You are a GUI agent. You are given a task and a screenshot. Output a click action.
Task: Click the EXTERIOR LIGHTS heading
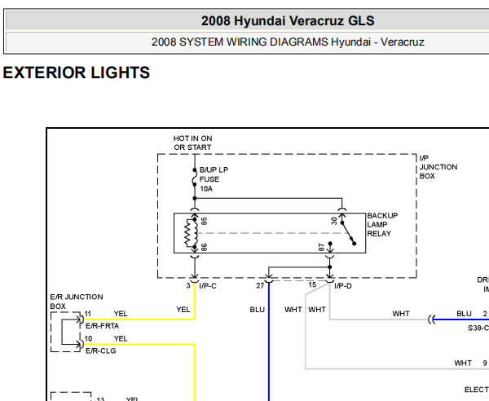(77, 73)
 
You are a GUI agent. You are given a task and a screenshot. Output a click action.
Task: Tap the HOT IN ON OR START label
(192, 143)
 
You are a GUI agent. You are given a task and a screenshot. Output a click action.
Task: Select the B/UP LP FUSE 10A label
(214, 178)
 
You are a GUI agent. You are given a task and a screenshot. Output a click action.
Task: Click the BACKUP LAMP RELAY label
(382, 224)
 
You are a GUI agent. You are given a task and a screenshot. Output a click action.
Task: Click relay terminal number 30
(334, 221)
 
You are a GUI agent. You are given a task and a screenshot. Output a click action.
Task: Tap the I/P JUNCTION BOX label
(438, 166)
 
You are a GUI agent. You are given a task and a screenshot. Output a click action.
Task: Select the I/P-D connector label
(343, 286)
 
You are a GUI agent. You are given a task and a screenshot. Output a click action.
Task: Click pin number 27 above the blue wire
(260, 286)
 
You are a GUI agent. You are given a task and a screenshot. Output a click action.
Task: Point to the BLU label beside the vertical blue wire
(258, 310)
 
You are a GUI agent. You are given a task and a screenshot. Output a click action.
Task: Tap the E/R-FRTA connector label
(102, 325)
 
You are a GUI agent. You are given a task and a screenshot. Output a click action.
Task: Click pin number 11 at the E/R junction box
(88, 314)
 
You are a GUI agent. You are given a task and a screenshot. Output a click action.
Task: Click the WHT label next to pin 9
(463, 363)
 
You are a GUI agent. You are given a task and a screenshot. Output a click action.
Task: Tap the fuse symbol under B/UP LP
(194, 181)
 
